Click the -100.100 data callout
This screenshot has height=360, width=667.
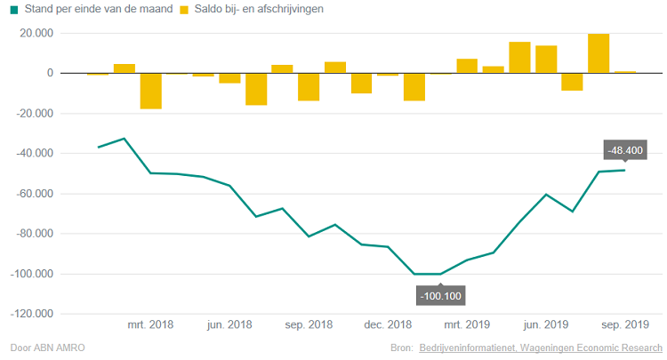440,295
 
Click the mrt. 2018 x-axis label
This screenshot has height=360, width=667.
150,325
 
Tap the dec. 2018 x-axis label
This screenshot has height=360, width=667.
388,325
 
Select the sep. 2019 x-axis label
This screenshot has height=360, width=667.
625,325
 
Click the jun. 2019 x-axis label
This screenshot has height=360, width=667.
546,325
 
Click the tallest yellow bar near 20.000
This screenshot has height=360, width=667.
599,53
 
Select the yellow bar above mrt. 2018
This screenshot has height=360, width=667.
150,91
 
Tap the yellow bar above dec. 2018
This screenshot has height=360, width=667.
388,75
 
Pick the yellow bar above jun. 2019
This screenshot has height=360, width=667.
546,59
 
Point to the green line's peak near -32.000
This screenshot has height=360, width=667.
125,139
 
